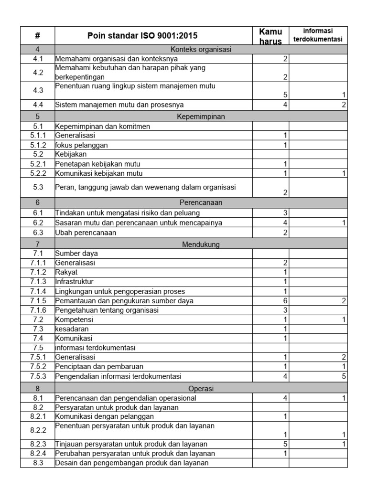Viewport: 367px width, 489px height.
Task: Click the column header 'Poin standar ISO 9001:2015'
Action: [x=142, y=36]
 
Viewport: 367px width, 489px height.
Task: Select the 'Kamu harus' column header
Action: [x=270, y=36]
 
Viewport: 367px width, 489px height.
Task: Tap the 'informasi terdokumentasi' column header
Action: [x=318, y=36]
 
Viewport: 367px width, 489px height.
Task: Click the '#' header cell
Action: [x=38, y=36]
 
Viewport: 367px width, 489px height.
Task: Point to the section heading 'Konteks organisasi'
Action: [x=201, y=49]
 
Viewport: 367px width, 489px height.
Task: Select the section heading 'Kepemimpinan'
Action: [x=201, y=116]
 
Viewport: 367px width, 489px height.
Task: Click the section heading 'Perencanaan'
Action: [x=201, y=202]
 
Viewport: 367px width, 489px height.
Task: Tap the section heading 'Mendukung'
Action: [x=201, y=244]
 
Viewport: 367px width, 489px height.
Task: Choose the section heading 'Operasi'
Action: [x=201, y=388]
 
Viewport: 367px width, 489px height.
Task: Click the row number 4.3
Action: [x=38, y=90]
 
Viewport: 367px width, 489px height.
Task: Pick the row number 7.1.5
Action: [x=38, y=300]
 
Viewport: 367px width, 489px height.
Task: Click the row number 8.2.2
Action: [x=38, y=430]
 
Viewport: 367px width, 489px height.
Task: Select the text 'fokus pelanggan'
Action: [x=82, y=145]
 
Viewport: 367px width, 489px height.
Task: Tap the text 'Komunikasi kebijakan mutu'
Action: [x=99, y=173]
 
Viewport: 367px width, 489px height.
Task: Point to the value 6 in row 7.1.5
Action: [x=285, y=301]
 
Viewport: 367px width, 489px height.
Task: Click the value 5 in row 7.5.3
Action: [x=344, y=376]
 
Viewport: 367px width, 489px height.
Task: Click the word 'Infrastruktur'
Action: [x=75, y=281]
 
